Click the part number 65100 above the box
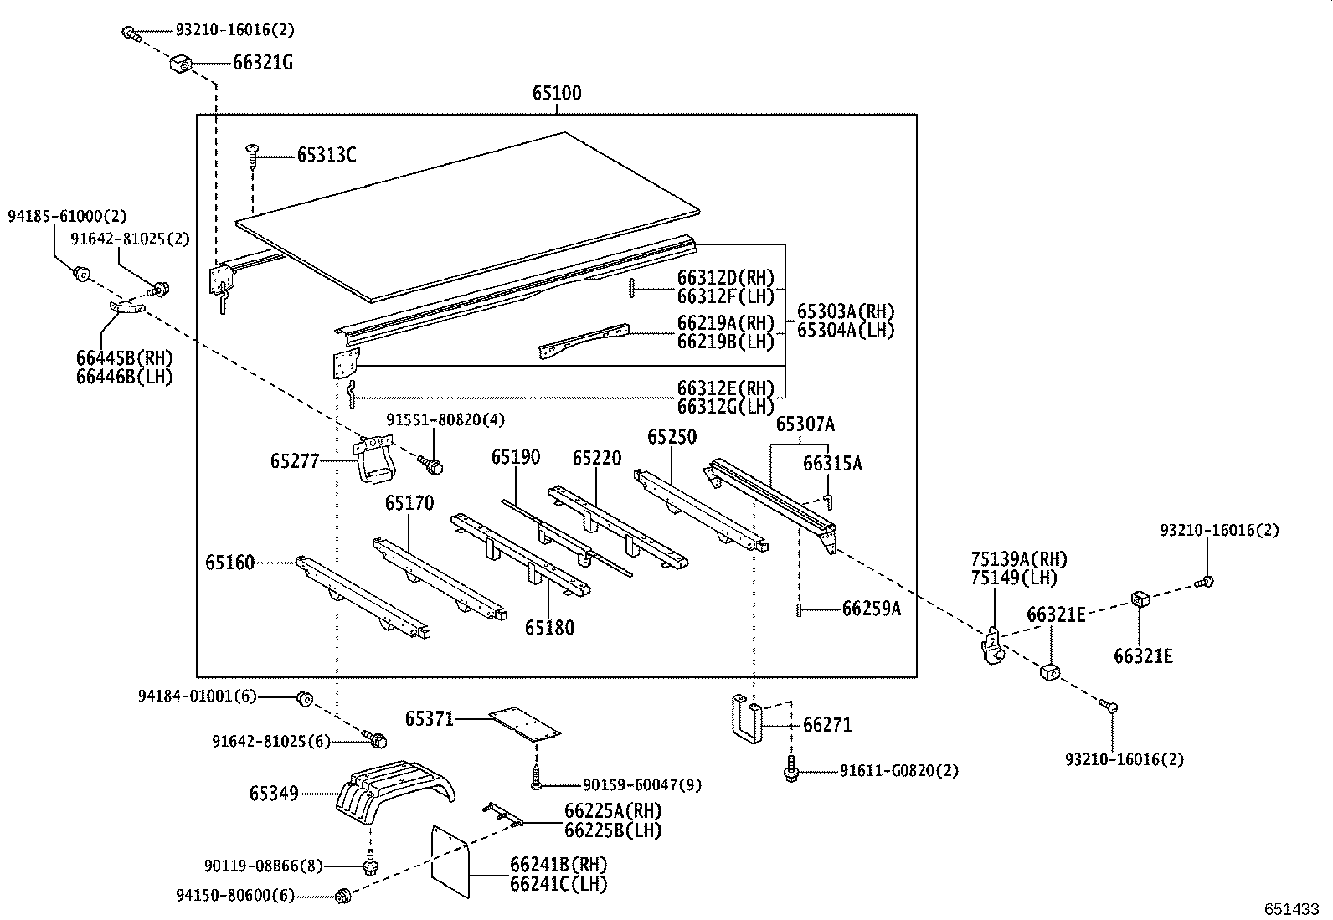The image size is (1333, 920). tap(557, 93)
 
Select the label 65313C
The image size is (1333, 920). tap(327, 155)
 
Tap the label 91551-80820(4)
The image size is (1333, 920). tap(445, 419)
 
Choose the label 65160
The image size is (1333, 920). tap(229, 563)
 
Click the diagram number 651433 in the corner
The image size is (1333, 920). tap(1291, 908)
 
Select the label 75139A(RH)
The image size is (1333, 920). tap(1019, 559)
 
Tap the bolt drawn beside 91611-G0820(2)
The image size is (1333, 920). tap(790, 770)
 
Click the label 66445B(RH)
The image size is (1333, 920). tap(124, 359)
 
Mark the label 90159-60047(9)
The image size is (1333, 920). tap(641, 784)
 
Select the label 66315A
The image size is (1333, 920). tap(832, 463)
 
